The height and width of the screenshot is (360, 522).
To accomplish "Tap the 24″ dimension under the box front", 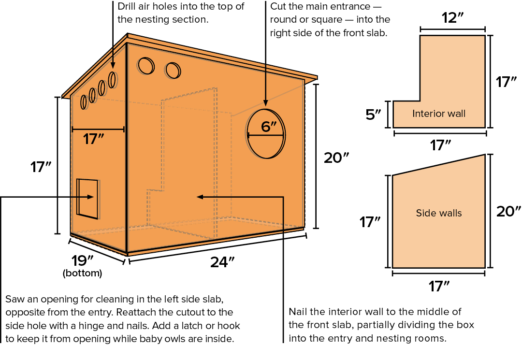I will tap(222, 262).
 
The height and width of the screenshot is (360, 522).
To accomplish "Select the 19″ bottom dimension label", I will tap(82, 260).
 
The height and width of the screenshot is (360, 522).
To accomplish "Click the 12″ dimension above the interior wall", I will tap(453, 18).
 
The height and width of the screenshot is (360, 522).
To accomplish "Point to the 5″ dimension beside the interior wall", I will tap(374, 115).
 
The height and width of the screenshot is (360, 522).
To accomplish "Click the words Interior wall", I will tap(439, 114).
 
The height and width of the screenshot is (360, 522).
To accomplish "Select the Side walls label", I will tap(439, 213).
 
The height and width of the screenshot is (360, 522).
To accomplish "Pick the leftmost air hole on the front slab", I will tap(145, 65).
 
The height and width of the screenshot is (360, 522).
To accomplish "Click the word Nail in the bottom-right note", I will tap(298, 311).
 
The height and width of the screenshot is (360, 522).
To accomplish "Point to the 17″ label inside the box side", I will tap(94, 139).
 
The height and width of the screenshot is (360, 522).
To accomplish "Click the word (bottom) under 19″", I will tap(82, 273).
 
